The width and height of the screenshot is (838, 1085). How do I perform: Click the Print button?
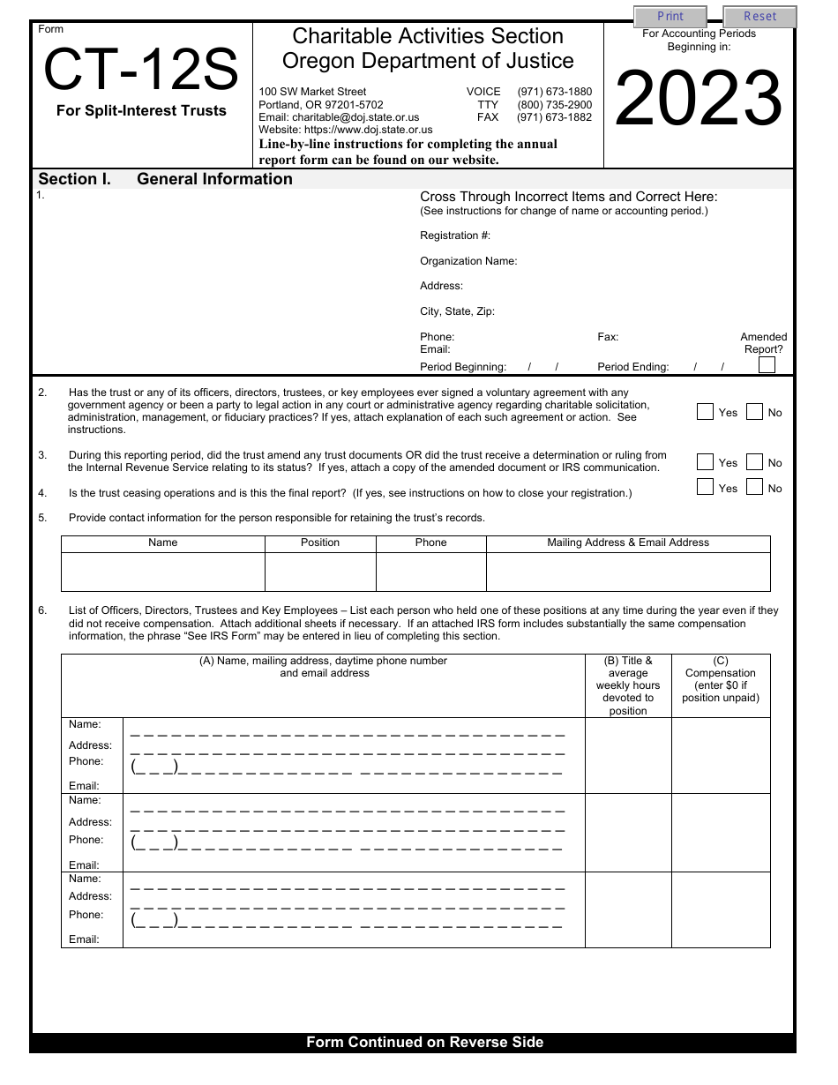(670, 17)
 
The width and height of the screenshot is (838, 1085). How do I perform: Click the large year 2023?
(698, 100)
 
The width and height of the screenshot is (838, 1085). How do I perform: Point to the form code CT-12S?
(141, 71)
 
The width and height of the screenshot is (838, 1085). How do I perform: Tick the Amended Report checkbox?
(767, 365)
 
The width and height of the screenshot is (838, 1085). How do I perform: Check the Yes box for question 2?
(705, 412)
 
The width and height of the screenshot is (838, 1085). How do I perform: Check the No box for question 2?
(754, 412)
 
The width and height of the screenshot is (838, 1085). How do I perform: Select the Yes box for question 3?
(705, 462)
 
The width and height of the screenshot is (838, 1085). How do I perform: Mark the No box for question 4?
(754, 487)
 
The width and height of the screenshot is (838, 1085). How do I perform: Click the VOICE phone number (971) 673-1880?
(554, 92)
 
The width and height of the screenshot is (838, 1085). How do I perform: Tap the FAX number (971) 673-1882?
(554, 117)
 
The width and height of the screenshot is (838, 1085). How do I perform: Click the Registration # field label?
(455, 236)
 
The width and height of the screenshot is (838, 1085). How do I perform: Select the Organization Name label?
(468, 261)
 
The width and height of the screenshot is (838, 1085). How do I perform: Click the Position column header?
(320, 543)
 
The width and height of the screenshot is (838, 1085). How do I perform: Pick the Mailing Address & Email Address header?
(628, 543)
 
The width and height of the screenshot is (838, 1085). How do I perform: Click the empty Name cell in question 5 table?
(163, 572)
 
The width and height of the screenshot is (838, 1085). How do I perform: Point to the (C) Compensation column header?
(721, 679)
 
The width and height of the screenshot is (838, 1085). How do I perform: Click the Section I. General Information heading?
(166, 179)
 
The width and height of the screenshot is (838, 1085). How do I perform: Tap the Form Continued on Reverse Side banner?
(424, 1043)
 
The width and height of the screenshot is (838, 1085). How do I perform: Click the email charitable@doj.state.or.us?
(339, 117)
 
